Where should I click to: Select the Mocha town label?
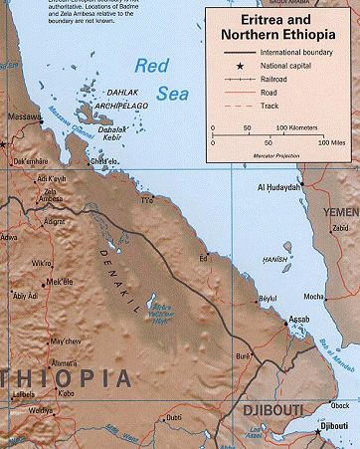pos(314,296)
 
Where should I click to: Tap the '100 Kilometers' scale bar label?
pos(296,127)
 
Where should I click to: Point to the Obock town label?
pos(338,404)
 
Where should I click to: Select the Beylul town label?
pos(267,298)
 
